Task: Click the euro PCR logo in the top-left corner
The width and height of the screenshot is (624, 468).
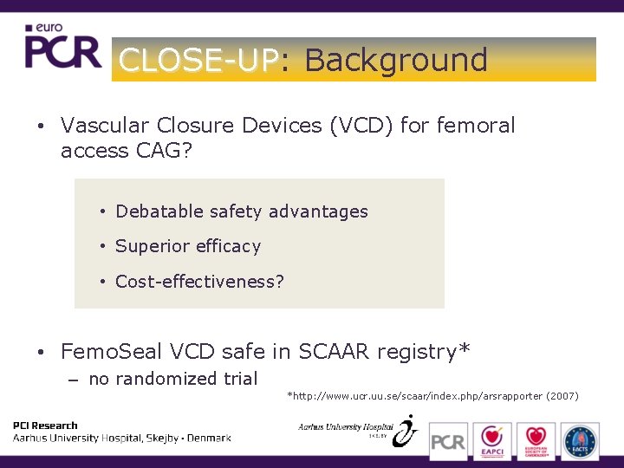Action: coord(62,47)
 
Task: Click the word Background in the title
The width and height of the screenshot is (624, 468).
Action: coord(396,60)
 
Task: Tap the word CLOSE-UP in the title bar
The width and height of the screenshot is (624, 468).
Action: coord(198,60)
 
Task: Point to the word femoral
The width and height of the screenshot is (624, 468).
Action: coord(476,126)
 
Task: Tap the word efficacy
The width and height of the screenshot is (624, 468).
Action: coord(227,246)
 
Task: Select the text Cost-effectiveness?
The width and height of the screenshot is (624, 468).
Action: coord(199,282)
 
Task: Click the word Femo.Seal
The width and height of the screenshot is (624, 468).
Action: coord(112,352)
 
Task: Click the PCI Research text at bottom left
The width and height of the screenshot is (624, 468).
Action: coord(45,426)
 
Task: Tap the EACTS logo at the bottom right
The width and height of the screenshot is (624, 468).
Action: coord(579,440)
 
